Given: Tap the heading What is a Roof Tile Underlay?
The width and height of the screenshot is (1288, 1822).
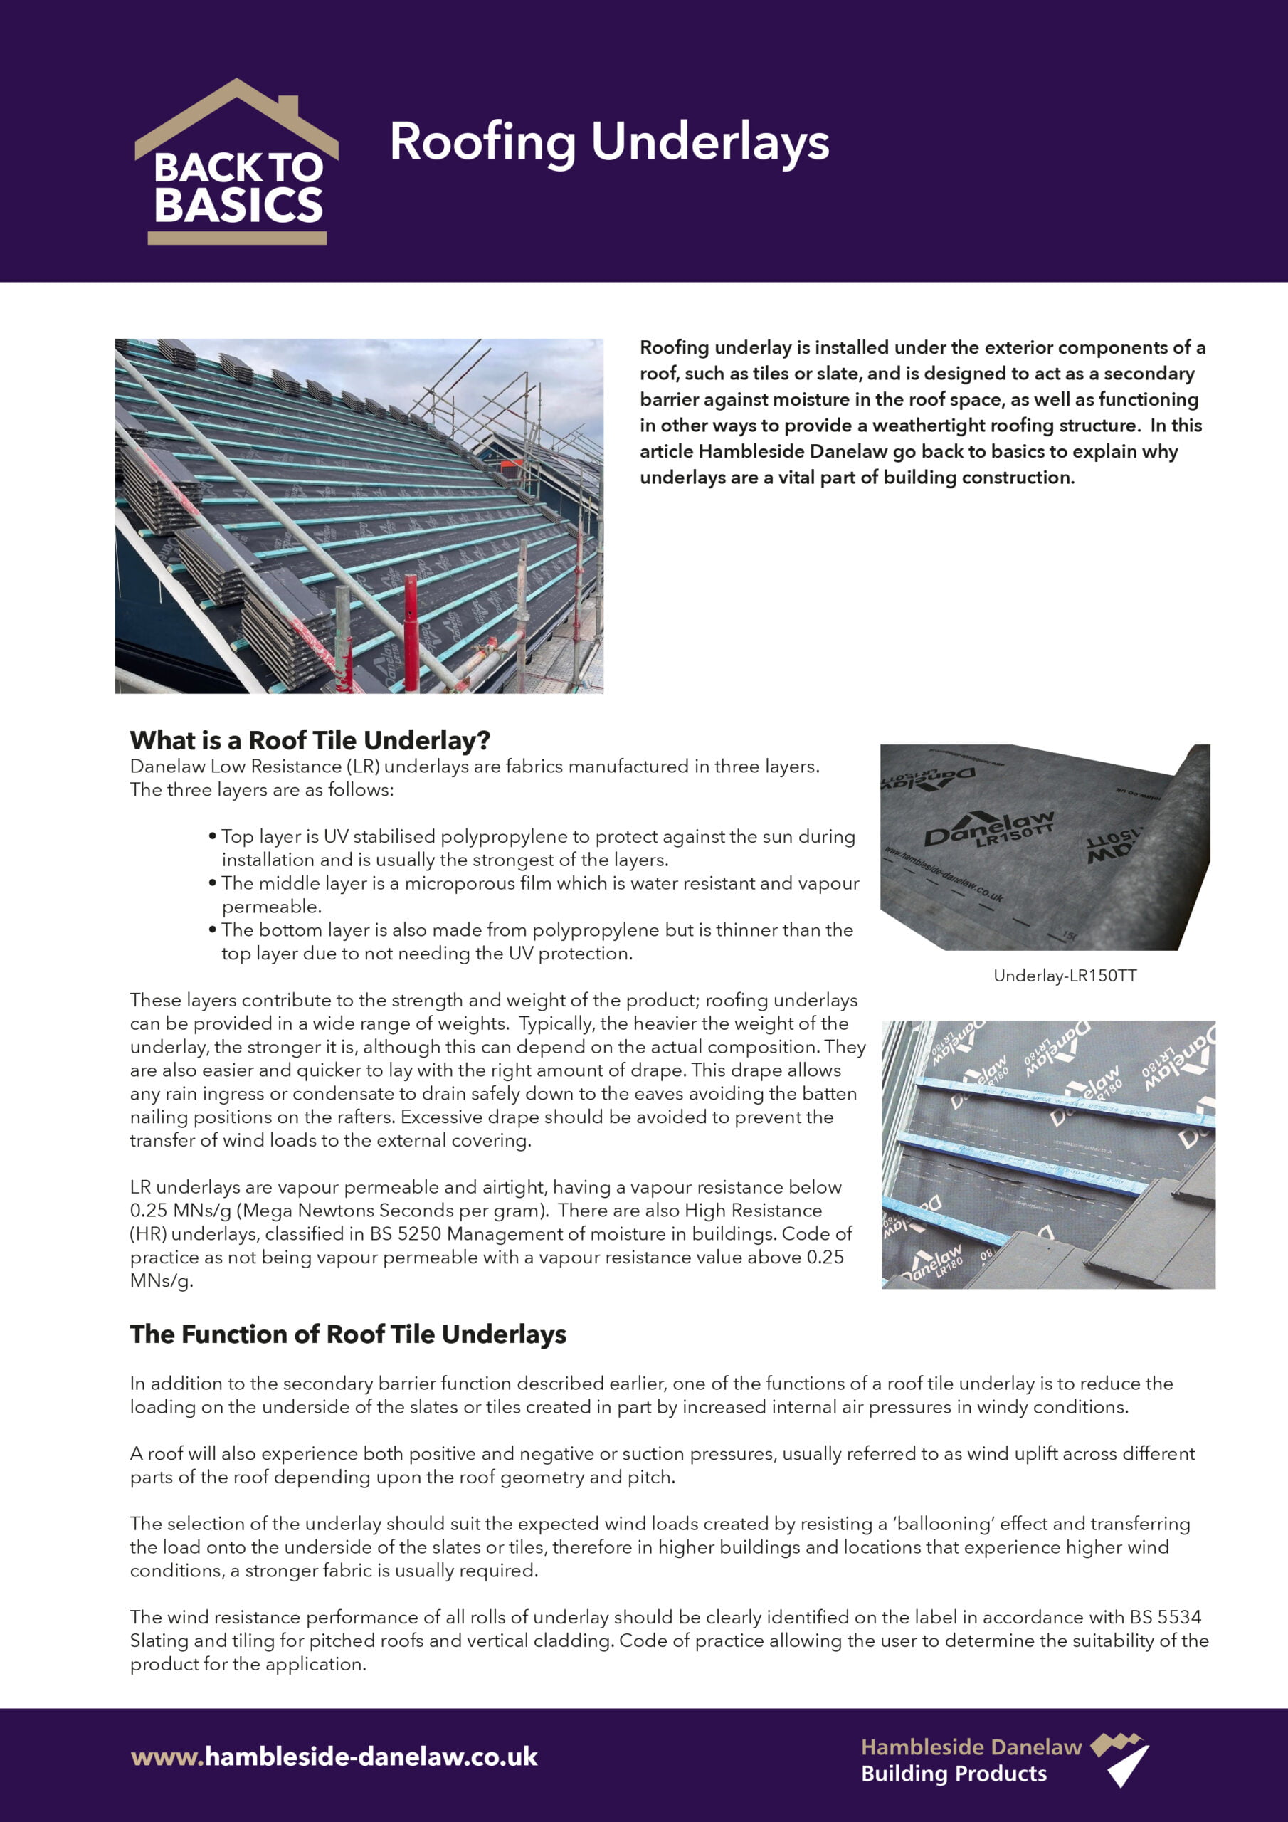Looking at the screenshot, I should (310, 740).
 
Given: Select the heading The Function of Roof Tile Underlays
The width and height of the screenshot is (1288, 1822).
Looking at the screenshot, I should (347, 1334).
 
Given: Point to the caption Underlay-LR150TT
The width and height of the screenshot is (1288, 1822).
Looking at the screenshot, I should (1065, 976).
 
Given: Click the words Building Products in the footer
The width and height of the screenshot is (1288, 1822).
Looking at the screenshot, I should (954, 1774).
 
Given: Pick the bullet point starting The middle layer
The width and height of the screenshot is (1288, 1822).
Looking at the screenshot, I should (539, 895).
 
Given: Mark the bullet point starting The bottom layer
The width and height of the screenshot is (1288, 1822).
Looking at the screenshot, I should (537, 941).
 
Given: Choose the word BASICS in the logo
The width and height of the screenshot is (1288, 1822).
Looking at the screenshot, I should (238, 206).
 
